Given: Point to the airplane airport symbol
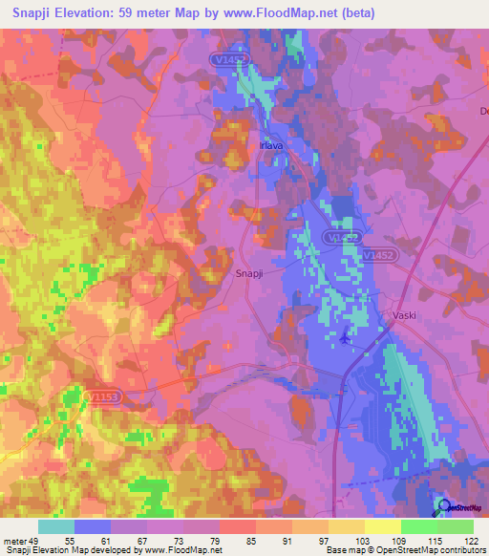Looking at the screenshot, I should pyautogui.click(x=344, y=336).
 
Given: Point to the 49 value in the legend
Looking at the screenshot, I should pyautogui.click(x=37, y=541).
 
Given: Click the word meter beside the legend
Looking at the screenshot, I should pyautogui.click(x=14, y=541).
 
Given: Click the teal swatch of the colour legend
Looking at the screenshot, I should pyautogui.click(x=56, y=526).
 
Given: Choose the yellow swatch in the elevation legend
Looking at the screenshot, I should pyautogui.click(x=383, y=526).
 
